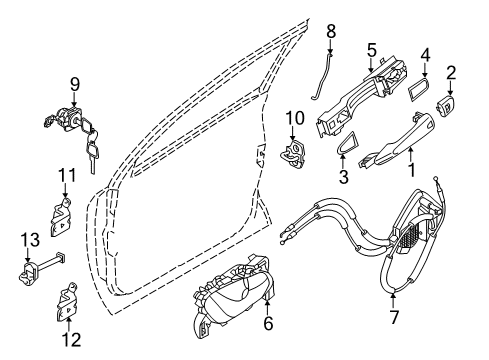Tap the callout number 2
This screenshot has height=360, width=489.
click(451, 72)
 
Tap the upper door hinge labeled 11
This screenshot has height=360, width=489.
click(63, 213)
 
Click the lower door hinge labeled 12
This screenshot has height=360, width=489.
click(68, 302)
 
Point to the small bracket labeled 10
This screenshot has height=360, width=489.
click(295, 155)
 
